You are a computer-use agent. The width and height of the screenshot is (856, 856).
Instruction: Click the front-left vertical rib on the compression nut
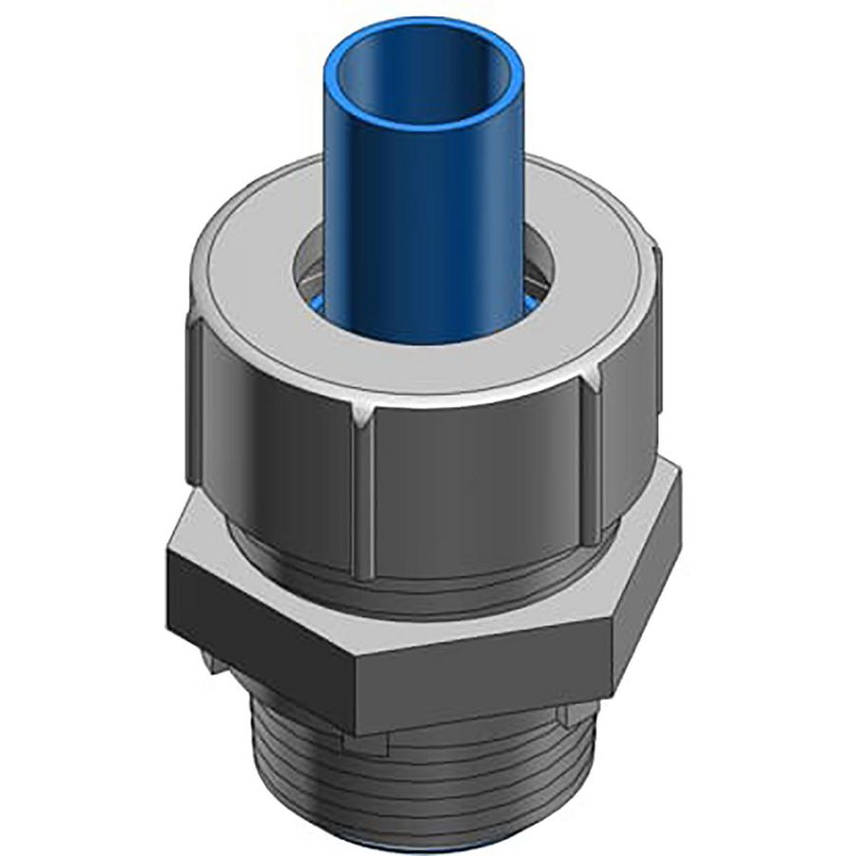362,495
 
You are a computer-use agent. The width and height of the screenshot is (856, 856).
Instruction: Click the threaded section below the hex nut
418,780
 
